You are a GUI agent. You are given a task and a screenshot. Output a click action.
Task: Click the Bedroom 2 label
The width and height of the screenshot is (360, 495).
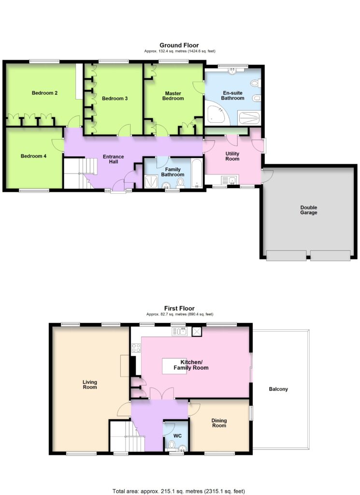click(x=44, y=93)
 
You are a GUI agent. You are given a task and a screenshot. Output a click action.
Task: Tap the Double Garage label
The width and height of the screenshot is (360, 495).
click(x=309, y=210)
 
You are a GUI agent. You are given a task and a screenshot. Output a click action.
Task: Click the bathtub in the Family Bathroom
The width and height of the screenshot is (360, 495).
click(x=197, y=174)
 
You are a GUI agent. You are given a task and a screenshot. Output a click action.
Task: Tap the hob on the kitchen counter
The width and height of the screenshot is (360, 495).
click(x=136, y=348)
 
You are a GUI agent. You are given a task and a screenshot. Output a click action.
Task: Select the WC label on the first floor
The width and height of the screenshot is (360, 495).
click(x=178, y=436)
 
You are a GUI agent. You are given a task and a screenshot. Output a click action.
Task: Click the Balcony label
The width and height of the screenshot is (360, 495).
click(x=278, y=389)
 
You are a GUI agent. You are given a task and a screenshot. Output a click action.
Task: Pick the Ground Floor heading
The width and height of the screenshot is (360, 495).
click(x=179, y=45)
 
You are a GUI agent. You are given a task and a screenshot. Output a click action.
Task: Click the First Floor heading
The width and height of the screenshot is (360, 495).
click(x=179, y=308)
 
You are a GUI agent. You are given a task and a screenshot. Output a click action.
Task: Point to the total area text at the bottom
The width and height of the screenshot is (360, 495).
click(x=179, y=491)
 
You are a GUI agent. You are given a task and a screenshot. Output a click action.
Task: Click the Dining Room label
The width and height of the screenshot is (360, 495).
click(x=219, y=423)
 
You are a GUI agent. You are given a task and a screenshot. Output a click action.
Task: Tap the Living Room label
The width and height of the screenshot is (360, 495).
click(x=90, y=384)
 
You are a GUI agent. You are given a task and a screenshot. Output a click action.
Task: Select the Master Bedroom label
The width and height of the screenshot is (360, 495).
click(x=173, y=96)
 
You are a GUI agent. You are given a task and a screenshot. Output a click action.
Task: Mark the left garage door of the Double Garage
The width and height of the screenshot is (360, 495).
click(x=286, y=255)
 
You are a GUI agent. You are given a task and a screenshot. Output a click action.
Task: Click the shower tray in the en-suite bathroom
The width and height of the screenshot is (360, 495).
click(x=249, y=118)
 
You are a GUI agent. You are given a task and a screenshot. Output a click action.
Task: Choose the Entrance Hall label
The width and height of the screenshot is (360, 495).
click(x=113, y=159)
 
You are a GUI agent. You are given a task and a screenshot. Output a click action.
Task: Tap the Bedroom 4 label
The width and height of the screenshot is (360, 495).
click(x=33, y=156)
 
